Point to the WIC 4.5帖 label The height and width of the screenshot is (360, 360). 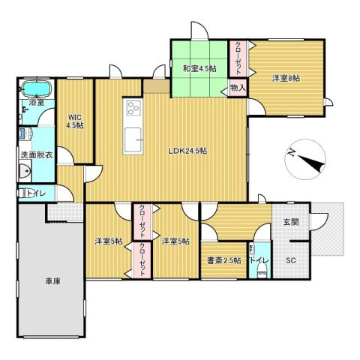pyautogui.click(x=75, y=121)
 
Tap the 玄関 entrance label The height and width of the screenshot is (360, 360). pyautogui.click(x=290, y=222)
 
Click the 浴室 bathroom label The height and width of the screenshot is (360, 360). pyautogui.click(x=37, y=102)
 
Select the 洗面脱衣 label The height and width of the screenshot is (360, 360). pyautogui.click(x=37, y=154)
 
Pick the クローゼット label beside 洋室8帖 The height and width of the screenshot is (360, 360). pyautogui.click(x=238, y=56)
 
